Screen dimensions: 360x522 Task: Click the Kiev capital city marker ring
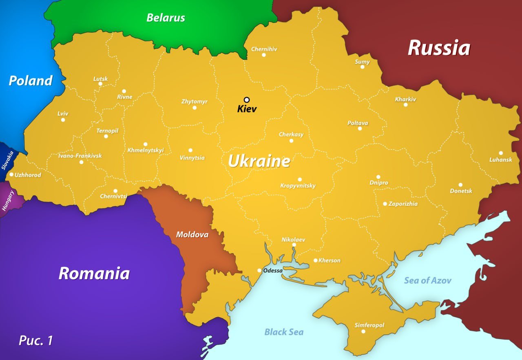(x=247, y=100)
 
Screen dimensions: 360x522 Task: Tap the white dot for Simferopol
(x=363, y=331)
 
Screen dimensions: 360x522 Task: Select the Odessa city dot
(x=259, y=270)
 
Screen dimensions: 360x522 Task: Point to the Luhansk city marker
(x=501, y=153)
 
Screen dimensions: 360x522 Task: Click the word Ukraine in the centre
(x=259, y=161)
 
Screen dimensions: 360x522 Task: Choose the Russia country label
(x=439, y=48)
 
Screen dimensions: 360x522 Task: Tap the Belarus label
(x=166, y=18)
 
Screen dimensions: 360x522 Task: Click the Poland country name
(x=31, y=80)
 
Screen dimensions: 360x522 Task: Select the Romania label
(x=94, y=273)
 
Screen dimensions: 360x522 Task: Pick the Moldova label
(x=192, y=235)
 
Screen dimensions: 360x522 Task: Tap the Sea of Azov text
(x=427, y=280)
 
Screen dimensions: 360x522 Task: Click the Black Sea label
(x=284, y=332)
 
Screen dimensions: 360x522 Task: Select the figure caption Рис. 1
(x=36, y=340)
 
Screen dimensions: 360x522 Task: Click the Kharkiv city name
(x=405, y=99)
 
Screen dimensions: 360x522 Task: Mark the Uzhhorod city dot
(x=11, y=174)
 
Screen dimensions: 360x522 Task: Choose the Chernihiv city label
(x=264, y=49)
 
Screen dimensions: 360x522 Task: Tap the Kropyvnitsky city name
(x=298, y=186)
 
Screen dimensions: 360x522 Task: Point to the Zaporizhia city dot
(x=385, y=204)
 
